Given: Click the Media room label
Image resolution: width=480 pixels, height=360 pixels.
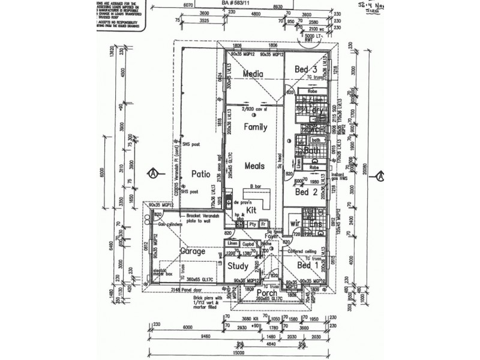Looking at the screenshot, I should [x=254, y=73].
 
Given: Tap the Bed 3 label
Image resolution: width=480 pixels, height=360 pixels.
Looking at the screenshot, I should [x=306, y=70].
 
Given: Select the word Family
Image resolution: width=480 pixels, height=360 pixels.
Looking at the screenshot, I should [x=254, y=127].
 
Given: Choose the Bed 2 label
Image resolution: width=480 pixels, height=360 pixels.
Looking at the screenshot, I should [x=306, y=193].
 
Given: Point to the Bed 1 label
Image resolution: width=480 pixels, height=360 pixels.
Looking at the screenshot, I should [x=307, y=265].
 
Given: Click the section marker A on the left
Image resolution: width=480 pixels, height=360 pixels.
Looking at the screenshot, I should [x=155, y=173].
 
